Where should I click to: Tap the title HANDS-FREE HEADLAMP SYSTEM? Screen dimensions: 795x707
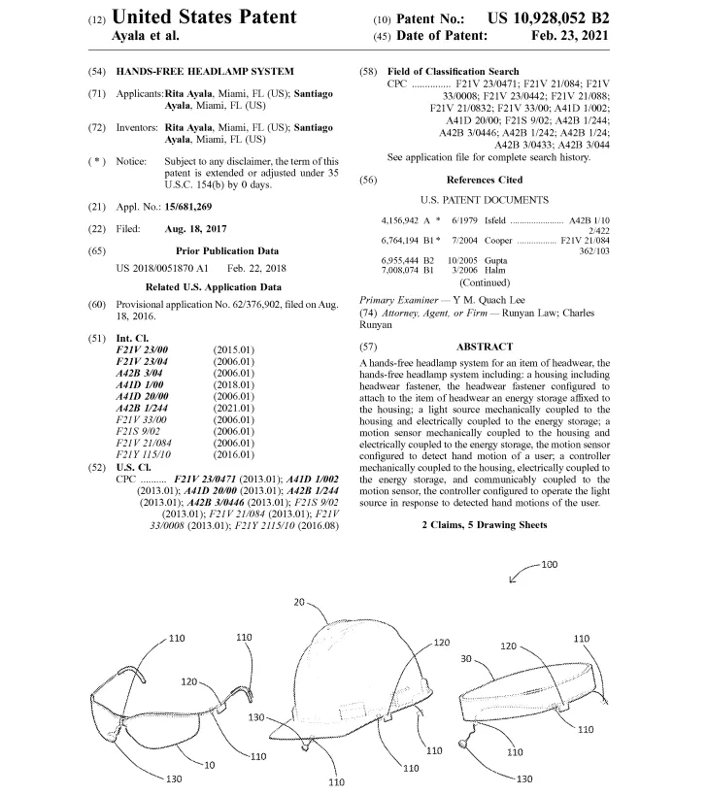(205, 72)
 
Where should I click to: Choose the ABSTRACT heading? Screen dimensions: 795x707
(483, 347)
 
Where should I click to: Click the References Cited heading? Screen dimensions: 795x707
(484, 180)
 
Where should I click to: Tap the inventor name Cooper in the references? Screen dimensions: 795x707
(497, 240)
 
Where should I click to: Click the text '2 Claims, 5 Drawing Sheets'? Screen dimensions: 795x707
(484, 525)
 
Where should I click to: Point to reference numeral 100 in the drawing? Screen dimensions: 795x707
(549, 565)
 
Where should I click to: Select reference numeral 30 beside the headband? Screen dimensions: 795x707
(465, 658)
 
